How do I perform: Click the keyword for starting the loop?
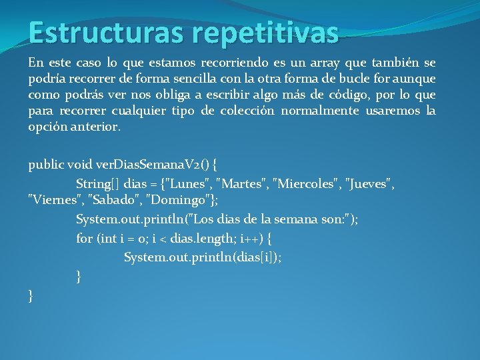84,238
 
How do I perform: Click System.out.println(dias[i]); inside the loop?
203,257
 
